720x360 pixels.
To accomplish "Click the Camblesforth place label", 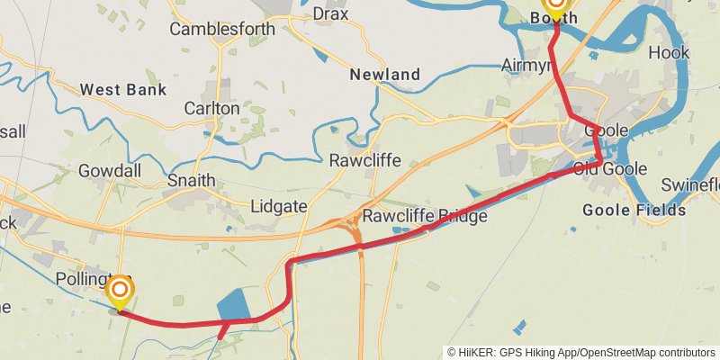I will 222,29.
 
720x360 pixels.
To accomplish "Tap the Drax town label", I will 330,13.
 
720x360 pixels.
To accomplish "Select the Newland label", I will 385,74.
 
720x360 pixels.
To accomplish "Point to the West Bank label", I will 122,90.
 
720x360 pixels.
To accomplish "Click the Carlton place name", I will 211,108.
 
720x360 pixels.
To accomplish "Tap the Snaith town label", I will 191,180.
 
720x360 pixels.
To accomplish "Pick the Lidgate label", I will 279,206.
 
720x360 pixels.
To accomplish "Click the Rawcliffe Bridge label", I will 425,217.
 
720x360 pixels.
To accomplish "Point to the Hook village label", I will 669,52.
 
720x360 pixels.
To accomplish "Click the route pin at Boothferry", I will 556,7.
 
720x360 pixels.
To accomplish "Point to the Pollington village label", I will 85,278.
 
